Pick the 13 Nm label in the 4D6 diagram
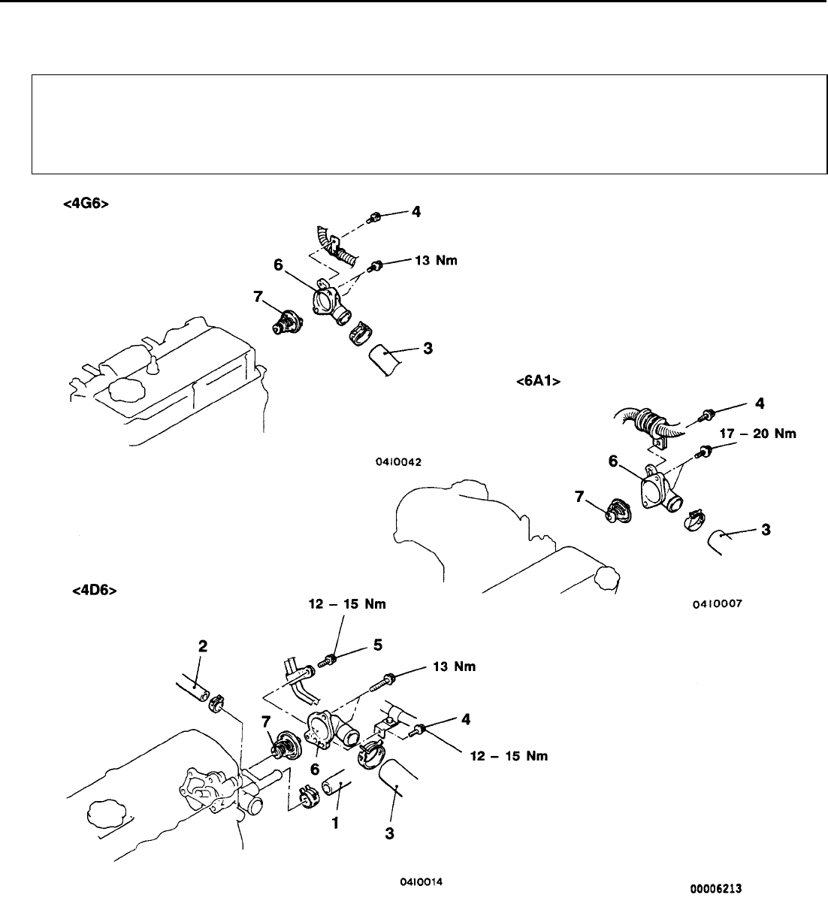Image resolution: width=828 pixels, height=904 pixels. click(453, 667)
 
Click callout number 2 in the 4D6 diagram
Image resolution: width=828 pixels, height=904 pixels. click(202, 645)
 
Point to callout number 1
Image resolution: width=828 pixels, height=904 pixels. click(336, 824)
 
